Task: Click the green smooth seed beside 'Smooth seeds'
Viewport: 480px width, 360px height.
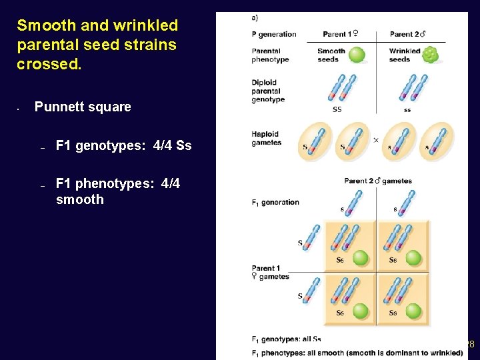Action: pyautogui.click(x=357, y=54)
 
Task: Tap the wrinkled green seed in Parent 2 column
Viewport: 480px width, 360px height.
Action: pyautogui.click(x=430, y=54)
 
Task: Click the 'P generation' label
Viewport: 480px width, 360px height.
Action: pyautogui.click(x=274, y=34)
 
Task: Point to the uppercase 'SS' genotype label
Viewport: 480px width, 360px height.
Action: pyautogui.click(x=337, y=109)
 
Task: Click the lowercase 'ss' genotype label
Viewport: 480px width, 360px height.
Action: pyautogui.click(x=407, y=109)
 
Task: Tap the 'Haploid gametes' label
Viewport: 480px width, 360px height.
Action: pyautogui.click(x=266, y=138)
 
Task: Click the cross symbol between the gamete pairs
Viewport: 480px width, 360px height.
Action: pyautogui.click(x=375, y=140)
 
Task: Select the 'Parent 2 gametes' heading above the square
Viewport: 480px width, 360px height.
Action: pyautogui.click(x=378, y=181)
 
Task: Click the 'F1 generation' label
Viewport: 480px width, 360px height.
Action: pyautogui.click(x=275, y=203)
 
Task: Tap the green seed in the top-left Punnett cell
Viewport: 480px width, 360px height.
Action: pyautogui.click(x=361, y=257)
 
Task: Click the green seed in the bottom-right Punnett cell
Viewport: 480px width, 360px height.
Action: pyautogui.click(x=413, y=310)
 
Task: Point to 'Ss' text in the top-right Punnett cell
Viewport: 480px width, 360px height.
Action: pyautogui.click(x=393, y=260)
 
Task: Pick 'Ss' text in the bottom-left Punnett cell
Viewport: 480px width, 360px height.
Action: pyautogui.click(x=340, y=313)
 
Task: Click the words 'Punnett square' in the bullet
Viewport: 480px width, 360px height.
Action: pyautogui.click(x=83, y=107)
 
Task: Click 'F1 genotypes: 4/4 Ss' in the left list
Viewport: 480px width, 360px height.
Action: pyautogui.click(x=123, y=145)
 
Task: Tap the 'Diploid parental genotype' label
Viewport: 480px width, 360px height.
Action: pyautogui.click(x=268, y=91)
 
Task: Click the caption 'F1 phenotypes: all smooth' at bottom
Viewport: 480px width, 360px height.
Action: pyautogui.click(x=357, y=353)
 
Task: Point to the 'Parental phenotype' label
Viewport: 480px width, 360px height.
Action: pyautogui.click(x=270, y=55)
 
